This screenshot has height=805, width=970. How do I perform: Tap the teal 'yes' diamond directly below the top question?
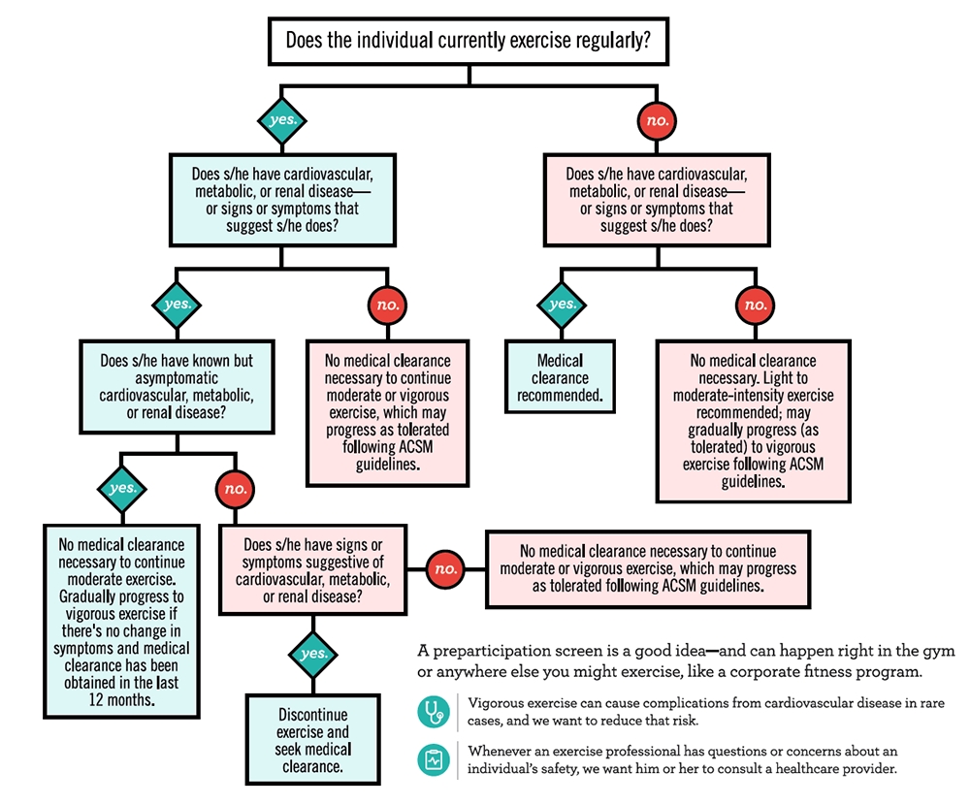point(282,120)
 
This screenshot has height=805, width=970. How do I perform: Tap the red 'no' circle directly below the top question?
point(658,121)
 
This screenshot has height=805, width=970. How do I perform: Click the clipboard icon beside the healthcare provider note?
point(434,759)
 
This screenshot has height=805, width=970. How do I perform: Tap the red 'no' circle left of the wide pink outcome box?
point(445,569)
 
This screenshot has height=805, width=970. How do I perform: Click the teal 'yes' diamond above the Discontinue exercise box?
point(313,654)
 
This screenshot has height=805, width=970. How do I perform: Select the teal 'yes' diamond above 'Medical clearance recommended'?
point(563,305)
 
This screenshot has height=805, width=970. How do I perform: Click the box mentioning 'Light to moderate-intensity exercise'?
point(753,420)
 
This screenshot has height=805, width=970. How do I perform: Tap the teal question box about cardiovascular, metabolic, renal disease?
point(282,199)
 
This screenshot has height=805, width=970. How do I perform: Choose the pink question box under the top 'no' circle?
point(657,199)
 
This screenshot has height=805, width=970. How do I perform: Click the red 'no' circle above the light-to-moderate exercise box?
point(755,305)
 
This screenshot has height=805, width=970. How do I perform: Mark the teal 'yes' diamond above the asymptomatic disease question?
point(178,304)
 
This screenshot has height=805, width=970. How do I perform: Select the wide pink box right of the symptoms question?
point(648,568)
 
